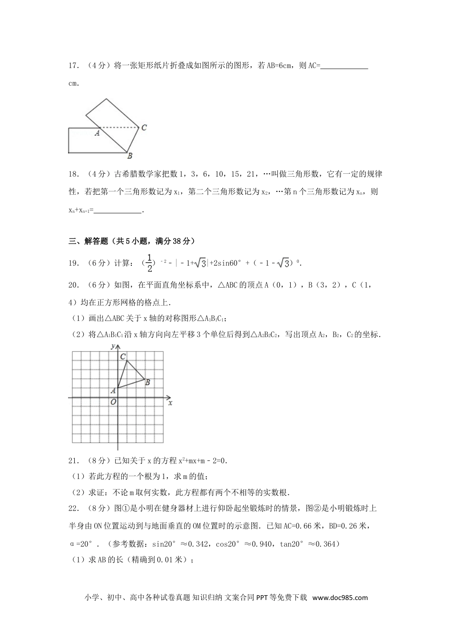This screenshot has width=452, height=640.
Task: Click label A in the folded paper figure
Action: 97,133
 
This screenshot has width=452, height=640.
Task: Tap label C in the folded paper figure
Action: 144,128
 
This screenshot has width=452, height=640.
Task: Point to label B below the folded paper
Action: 129,156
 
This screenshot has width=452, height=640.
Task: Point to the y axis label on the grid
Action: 112,346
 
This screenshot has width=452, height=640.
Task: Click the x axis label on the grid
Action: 170,403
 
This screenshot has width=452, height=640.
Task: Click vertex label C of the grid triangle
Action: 123,356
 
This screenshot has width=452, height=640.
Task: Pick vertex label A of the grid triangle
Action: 113,391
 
